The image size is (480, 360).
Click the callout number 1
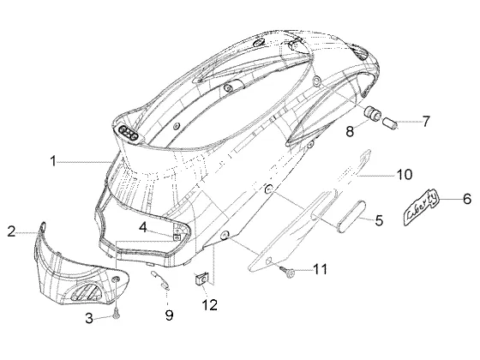(53, 161)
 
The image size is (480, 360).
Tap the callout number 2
(11, 231)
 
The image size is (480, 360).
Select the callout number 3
(89, 318)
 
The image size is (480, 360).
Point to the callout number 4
(143, 227)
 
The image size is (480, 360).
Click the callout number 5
(379, 220)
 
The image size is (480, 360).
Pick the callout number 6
(467, 199)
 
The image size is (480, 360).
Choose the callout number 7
(426, 121)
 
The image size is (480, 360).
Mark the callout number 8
(350, 131)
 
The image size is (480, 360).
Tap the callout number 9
(170, 315)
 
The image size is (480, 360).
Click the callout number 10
(404, 175)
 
